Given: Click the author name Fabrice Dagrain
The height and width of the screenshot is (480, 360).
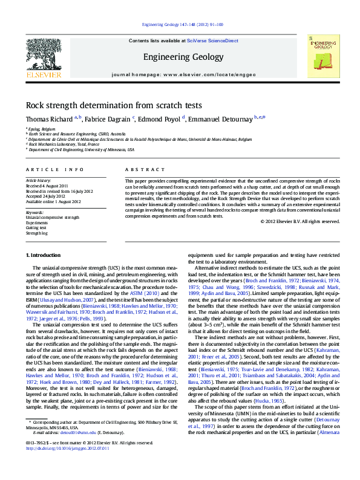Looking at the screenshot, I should [108, 119].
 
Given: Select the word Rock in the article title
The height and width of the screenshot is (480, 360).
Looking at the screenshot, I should [35, 104].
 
